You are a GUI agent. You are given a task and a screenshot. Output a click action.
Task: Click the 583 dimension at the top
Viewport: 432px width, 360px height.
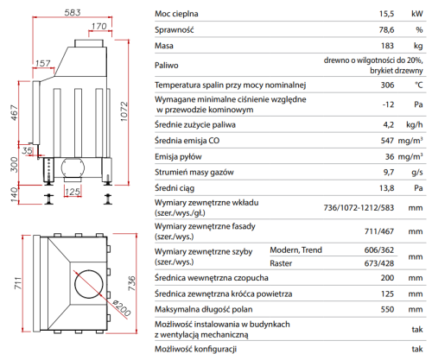click(x=73, y=13)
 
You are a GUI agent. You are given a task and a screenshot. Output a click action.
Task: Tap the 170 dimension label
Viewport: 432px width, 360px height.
click(x=99, y=26)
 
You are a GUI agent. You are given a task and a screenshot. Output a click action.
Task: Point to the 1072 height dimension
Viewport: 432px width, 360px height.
click(x=124, y=111)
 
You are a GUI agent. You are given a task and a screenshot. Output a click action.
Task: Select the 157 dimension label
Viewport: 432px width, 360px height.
click(x=43, y=63)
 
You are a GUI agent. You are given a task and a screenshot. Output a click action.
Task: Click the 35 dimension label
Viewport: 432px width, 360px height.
click(x=28, y=150)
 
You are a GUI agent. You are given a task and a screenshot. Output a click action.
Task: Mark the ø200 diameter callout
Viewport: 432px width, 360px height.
click(x=122, y=307)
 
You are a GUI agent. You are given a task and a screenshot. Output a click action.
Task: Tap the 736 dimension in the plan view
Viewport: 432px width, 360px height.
click(x=131, y=283)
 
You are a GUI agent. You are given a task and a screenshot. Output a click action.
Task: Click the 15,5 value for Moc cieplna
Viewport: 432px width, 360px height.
click(x=386, y=14)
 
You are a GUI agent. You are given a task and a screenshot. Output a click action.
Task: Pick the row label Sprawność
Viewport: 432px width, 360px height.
click(x=175, y=29)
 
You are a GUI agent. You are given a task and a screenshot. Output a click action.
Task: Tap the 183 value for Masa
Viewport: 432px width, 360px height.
click(x=387, y=46)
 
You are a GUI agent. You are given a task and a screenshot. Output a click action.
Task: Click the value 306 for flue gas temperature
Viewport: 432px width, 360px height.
click(x=387, y=85)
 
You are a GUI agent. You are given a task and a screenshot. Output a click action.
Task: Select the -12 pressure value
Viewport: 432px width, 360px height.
click(x=388, y=104)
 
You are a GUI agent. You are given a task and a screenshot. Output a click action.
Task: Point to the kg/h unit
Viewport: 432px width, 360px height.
click(x=415, y=124)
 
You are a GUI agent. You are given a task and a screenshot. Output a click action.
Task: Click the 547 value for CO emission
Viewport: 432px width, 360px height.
click(x=387, y=141)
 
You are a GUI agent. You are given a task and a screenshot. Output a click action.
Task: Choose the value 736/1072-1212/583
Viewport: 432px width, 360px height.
click(x=359, y=208)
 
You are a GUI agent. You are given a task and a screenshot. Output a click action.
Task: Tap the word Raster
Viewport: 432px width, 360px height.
click(x=281, y=263)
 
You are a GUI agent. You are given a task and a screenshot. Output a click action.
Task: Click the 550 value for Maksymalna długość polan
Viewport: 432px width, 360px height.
click(x=387, y=309)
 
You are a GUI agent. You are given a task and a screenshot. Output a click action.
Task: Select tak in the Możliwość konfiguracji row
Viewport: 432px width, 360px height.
click(x=417, y=349)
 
